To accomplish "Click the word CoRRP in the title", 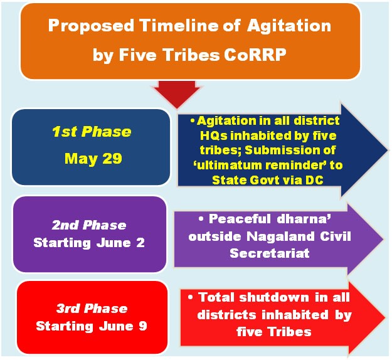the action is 255,55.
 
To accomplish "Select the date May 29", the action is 93,159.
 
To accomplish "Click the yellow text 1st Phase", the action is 92,132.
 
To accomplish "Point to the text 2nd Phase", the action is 89,225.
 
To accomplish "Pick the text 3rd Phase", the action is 92,308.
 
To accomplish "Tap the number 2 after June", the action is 140,243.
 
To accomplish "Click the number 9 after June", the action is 143,326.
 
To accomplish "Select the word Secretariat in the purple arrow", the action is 270,253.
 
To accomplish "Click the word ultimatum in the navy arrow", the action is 230,165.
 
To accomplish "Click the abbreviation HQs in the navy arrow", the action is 214,135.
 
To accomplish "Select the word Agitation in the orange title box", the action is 289,26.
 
